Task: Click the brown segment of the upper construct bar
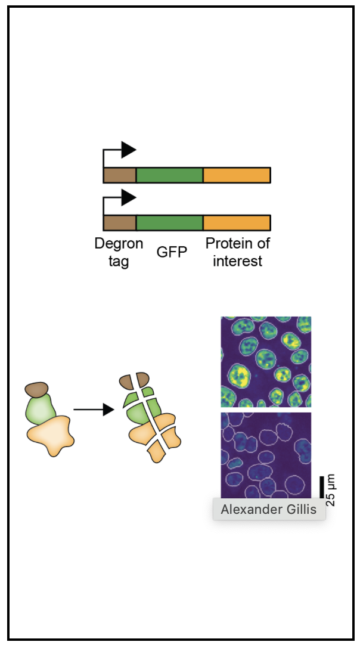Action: coord(119,175)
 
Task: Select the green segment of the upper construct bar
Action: coord(169,175)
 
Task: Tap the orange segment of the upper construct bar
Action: coord(237,175)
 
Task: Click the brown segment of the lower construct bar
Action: coord(119,222)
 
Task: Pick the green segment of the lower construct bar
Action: coord(169,222)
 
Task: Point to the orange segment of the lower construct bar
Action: coord(237,222)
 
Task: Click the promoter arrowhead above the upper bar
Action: coord(128,150)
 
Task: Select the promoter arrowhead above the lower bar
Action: coord(128,197)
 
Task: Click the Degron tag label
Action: coord(119,252)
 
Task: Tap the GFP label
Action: coord(172,252)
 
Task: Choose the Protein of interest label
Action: coord(238,252)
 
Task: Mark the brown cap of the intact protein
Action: coord(37,390)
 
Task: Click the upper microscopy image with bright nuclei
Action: coord(266,361)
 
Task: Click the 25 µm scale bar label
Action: coord(331,490)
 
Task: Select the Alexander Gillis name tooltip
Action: coord(269,510)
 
